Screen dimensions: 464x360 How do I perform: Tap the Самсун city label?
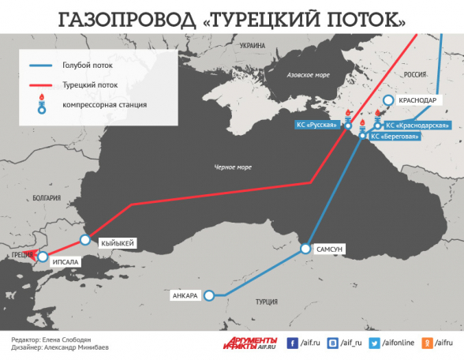point(329,249)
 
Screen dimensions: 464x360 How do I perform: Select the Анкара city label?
point(185,296)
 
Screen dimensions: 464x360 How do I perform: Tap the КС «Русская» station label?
point(316,125)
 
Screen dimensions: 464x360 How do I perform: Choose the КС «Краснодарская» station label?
point(417,125)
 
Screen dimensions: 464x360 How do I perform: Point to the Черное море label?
point(233,167)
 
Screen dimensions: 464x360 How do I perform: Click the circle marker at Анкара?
point(209,296)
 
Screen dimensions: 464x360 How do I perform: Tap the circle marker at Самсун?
point(305,249)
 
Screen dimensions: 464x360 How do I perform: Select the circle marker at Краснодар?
point(388,100)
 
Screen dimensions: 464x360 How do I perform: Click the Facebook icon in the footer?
point(291,343)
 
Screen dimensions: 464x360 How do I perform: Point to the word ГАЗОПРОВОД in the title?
point(125,17)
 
